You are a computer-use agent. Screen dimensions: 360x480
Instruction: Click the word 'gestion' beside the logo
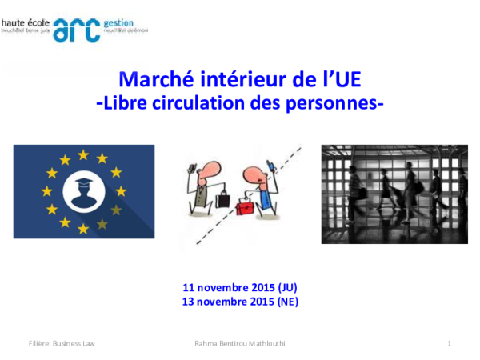[x=120, y=24]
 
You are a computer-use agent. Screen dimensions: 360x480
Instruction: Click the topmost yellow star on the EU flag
[x=82, y=154]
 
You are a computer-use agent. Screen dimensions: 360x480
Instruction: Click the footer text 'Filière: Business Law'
[x=62, y=343]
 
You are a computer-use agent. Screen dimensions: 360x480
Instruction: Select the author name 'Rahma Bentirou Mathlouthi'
[x=240, y=343]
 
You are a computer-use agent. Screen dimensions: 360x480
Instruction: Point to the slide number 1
[x=450, y=343]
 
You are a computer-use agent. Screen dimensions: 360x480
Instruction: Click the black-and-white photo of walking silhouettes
[x=394, y=194]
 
